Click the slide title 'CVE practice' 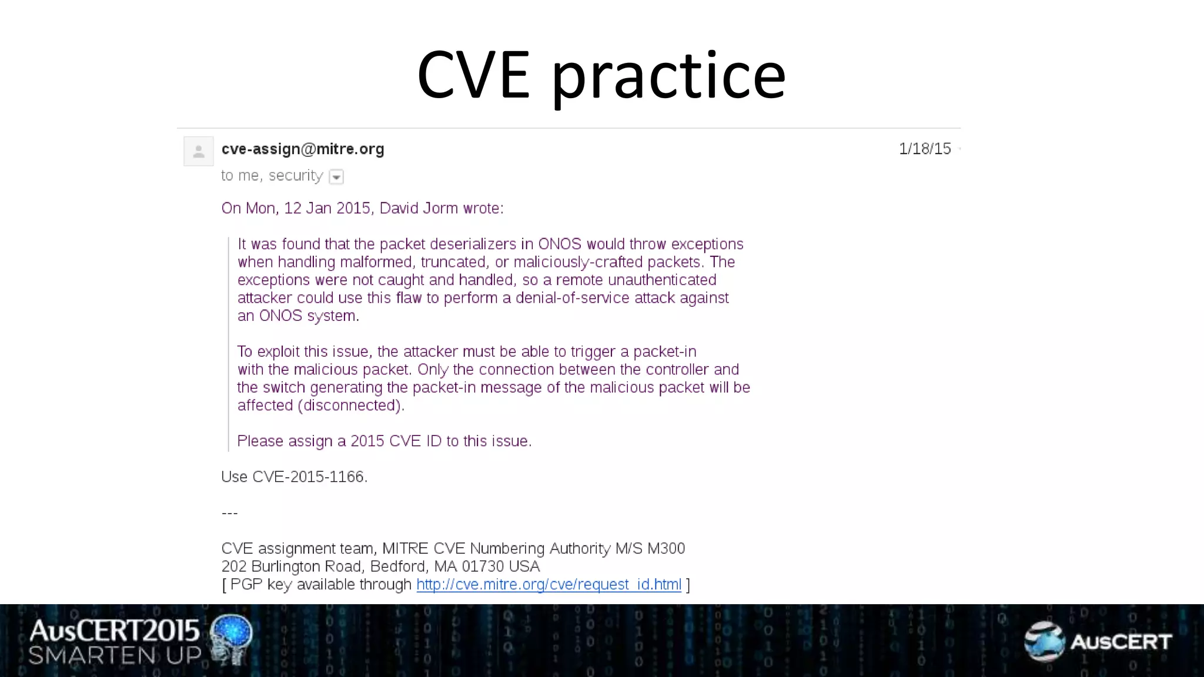(601, 75)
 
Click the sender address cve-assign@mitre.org (303, 149)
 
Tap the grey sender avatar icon (199, 151)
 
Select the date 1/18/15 (924, 149)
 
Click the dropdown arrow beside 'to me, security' (336, 177)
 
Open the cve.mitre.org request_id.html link (549, 585)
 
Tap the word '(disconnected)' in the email (350, 405)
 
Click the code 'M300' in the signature (666, 549)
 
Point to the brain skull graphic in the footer (232, 639)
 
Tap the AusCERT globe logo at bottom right (1044, 641)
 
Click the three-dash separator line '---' (229, 513)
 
